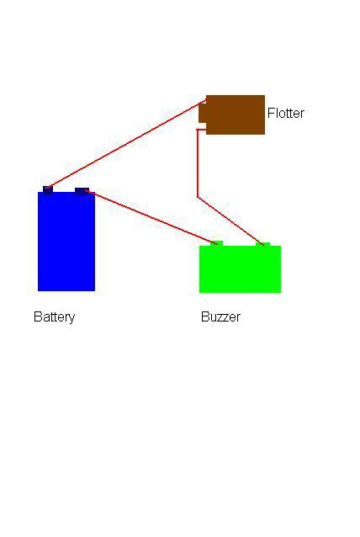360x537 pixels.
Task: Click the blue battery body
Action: coord(66,242)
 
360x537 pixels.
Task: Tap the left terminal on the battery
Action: coord(48,189)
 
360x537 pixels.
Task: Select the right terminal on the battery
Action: coord(82,190)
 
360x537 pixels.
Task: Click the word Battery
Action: coord(54,316)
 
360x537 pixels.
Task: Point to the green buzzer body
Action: coord(241,269)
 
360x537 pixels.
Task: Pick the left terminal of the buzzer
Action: coord(217,243)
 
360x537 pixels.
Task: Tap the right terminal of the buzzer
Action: coord(262,244)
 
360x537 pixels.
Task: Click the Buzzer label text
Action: coord(220,316)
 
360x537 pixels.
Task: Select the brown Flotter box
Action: coord(236,114)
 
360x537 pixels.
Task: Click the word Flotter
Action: coord(286,113)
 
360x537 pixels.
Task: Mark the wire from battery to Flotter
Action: coord(126,143)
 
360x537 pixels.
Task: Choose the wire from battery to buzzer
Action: coord(151,217)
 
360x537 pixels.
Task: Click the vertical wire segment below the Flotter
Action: coord(198,163)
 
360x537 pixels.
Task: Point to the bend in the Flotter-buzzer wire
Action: coord(198,197)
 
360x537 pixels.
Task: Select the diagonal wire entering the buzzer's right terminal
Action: coord(230,221)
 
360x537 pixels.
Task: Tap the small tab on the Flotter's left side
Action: coord(203,114)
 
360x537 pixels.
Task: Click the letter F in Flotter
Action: coord(271,113)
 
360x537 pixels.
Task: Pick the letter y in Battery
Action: coord(71,319)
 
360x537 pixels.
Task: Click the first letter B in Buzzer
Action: coord(205,316)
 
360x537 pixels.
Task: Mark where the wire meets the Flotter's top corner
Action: coord(206,99)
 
